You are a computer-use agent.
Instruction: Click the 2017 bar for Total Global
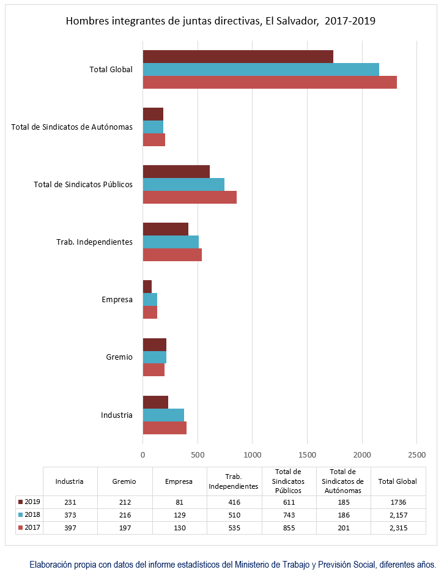click(x=270, y=82)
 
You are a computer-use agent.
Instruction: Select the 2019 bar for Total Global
click(x=238, y=57)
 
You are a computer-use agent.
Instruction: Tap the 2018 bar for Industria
click(x=163, y=415)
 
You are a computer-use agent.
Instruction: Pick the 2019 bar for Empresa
click(x=147, y=287)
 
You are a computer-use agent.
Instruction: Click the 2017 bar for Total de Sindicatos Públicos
click(x=190, y=198)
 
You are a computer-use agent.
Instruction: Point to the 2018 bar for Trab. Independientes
click(x=171, y=242)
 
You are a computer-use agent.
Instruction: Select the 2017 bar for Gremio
click(x=154, y=369)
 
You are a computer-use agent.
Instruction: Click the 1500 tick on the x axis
click(x=307, y=455)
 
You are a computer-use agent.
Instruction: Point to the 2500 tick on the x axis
click(x=417, y=455)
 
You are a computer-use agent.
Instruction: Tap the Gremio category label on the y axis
click(x=119, y=357)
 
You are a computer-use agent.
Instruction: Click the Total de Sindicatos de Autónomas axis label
click(x=72, y=127)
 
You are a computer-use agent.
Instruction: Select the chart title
click(x=221, y=21)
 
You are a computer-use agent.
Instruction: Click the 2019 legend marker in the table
click(x=21, y=502)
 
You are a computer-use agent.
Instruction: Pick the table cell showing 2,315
click(x=399, y=528)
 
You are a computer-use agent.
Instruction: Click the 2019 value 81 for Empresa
click(x=179, y=502)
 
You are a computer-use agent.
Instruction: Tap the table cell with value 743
click(x=289, y=515)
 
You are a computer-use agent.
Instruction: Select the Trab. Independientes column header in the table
click(x=234, y=481)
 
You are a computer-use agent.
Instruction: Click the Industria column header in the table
click(x=69, y=481)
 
